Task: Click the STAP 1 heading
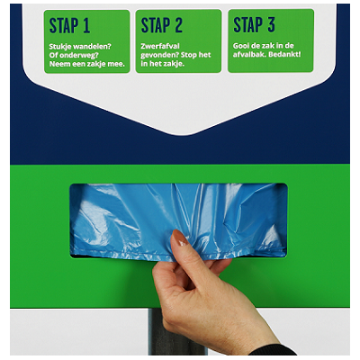tap(69, 25)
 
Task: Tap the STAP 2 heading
tap(162, 25)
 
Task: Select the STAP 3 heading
tap(254, 24)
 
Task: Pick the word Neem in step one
tap(58, 64)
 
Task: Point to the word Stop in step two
tap(189, 55)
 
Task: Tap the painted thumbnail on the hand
tap(180, 238)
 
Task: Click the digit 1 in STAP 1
tap(86, 25)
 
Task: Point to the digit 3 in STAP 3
tap(271, 24)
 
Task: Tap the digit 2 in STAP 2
tap(178, 25)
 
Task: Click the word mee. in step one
tap(116, 64)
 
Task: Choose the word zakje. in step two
tap(174, 64)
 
